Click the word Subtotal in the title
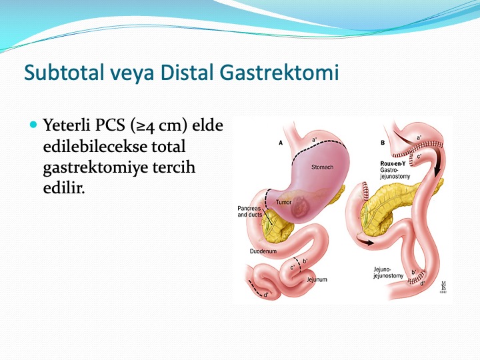64,72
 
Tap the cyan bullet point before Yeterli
33,124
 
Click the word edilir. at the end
64,187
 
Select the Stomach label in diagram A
323,167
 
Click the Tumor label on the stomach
283,202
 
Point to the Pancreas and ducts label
249,211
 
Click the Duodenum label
263,251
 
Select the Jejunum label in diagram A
317,279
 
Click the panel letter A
281,143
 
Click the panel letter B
383,143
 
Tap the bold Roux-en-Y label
393,164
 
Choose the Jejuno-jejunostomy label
388,273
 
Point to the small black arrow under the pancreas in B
366,243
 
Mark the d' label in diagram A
266,295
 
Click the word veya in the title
131,73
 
